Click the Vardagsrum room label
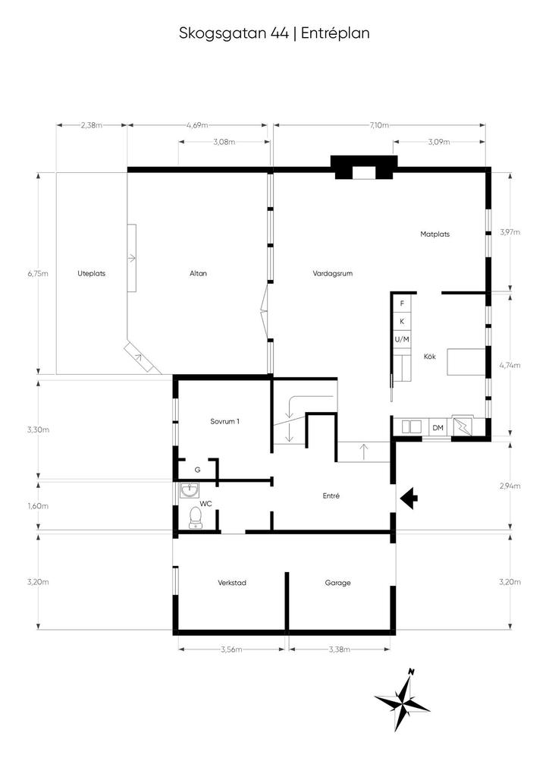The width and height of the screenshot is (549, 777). click(x=333, y=273)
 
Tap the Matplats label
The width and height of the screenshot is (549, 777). click(x=434, y=234)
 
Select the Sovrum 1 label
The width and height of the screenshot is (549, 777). click(x=224, y=421)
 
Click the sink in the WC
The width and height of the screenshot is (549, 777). click(x=189, y=490)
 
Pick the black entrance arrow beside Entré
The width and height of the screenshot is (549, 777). click(x=409, y=499)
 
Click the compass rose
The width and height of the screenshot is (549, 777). click(x=402, y=700)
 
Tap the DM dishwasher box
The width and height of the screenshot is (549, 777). click(x=438, y=427)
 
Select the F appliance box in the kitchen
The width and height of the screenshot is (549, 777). click(x=402, y=304)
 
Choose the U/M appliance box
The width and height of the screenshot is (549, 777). click(x=402, y=339)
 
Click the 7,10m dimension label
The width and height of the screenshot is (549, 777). click(x=378, y=125)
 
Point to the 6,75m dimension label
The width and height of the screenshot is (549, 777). click(x=38, y=273)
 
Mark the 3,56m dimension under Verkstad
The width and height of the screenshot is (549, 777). click(x=232, y=650)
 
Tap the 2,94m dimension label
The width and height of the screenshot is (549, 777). click(x=510, y=486)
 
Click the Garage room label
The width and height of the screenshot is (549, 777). click(x=337, y=583)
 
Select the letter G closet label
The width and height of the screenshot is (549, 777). click(x=197, y=470)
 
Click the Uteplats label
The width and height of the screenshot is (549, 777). click(x=92, y=273)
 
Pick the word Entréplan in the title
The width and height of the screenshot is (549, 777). click(x=335, y=33)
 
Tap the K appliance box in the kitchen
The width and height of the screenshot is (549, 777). click(x=402, y=322)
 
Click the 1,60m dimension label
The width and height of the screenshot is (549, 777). click(x=38, y=506)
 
